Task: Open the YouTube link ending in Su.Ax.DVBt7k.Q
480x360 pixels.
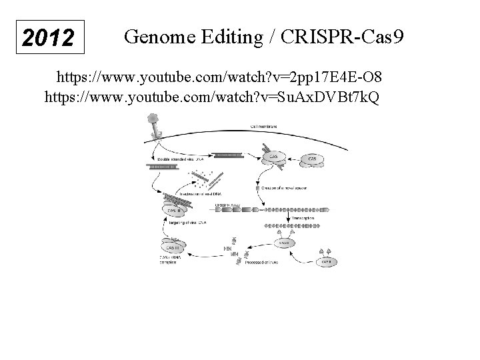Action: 211,98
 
